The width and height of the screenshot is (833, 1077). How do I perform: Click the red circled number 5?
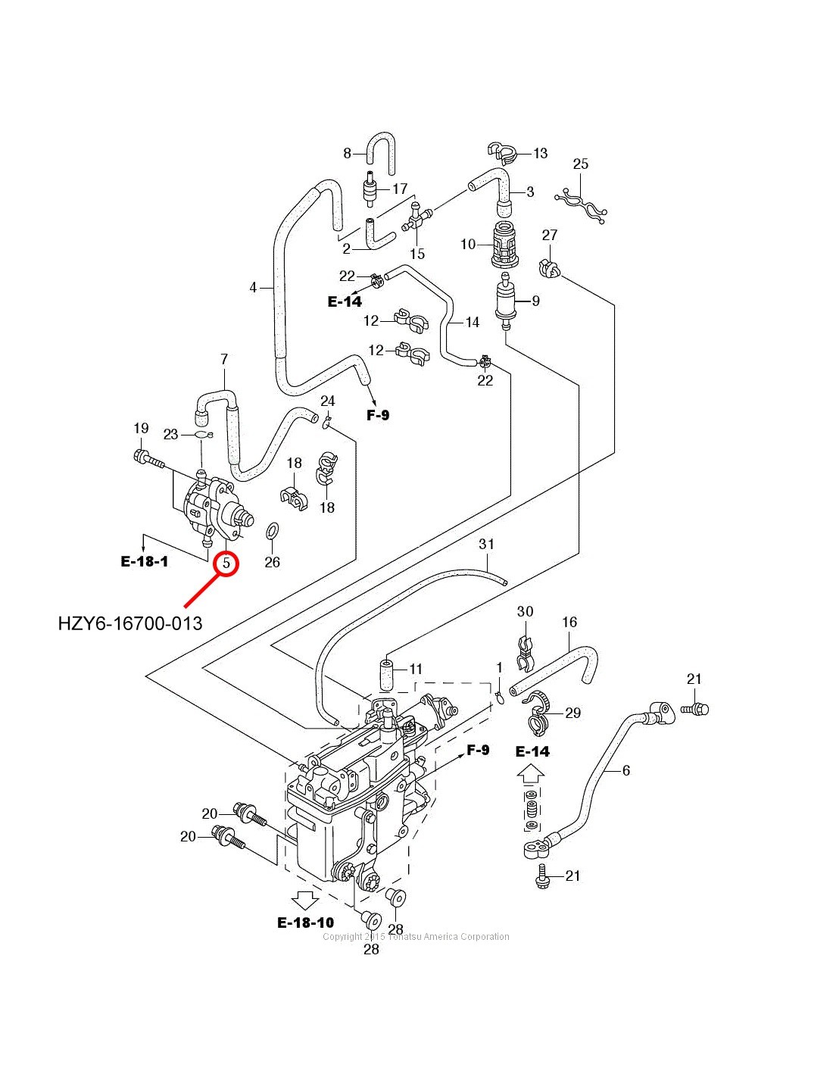coord(226,563)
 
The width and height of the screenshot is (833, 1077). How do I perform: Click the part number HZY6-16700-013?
coord(130,623)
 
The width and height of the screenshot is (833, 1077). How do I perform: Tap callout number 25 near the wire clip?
coord(580,164)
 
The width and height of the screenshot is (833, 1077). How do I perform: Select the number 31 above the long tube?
coord(486,544)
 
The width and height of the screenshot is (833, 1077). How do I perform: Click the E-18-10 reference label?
coord(305,922)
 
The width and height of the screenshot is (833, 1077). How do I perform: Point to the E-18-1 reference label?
coord(145,561)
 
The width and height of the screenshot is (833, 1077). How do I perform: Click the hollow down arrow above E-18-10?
coord(305,899)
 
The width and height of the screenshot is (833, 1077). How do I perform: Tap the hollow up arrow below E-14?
coord(531,775)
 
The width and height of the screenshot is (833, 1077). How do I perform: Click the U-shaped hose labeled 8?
coord(381,147)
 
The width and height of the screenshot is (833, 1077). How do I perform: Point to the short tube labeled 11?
coord(386,674)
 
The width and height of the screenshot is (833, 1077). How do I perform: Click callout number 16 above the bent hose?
coord(569,622)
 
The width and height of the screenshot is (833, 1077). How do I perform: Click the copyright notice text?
coord(416,937)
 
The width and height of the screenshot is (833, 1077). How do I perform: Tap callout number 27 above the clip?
coord(550,236)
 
